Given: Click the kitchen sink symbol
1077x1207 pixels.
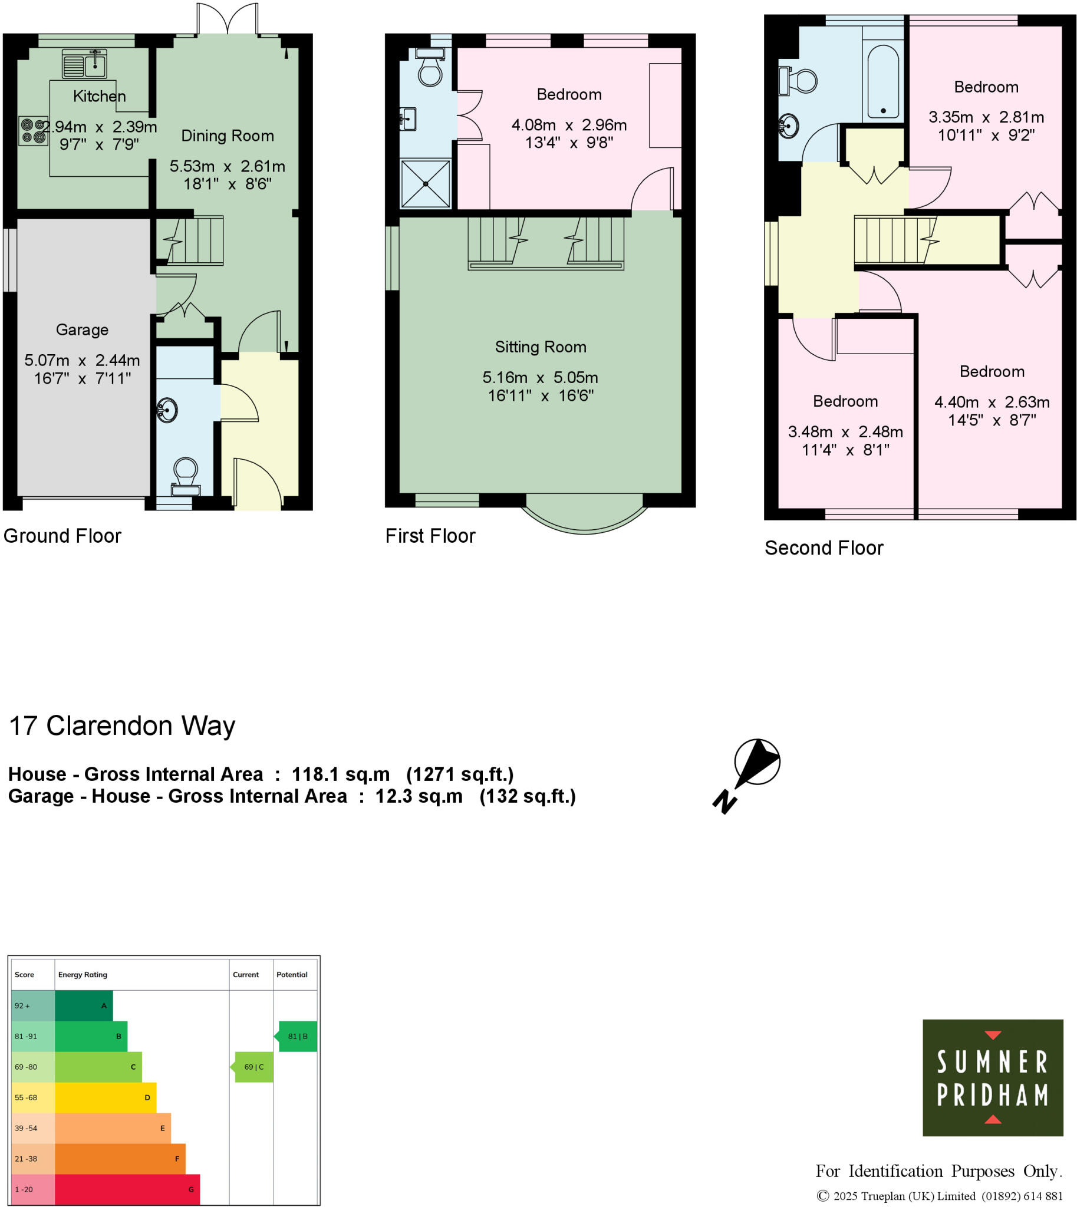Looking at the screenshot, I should pos(85,64).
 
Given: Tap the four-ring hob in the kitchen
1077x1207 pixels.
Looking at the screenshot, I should pos(33,131).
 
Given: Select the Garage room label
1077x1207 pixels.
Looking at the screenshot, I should pos(83,329).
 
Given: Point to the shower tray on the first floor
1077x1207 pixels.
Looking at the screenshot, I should pos(426,183).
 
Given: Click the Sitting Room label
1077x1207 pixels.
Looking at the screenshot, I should pos(541,347).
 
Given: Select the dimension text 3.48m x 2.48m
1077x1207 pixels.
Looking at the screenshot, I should pos(845,432).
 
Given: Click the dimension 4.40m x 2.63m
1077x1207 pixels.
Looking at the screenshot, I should pos(992,403).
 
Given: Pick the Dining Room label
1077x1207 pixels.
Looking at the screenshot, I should pos(227,136).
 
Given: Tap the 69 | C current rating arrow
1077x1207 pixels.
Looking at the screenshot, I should pos(253,1067).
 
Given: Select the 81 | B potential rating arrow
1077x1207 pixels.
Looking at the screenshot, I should pos(297,1036).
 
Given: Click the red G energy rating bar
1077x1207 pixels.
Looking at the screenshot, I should pos(127,1189).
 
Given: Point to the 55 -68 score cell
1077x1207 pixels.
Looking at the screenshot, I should pos(32,1097).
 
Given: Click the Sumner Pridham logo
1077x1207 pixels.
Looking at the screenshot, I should pos(992,1077).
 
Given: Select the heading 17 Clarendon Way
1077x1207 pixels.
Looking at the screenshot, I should pos(122,725).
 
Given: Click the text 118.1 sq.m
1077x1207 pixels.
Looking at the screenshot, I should pos(340,774).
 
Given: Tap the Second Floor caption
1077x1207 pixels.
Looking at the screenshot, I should pos(824,548).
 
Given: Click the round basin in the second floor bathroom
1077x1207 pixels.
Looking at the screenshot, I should pos(788,126).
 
